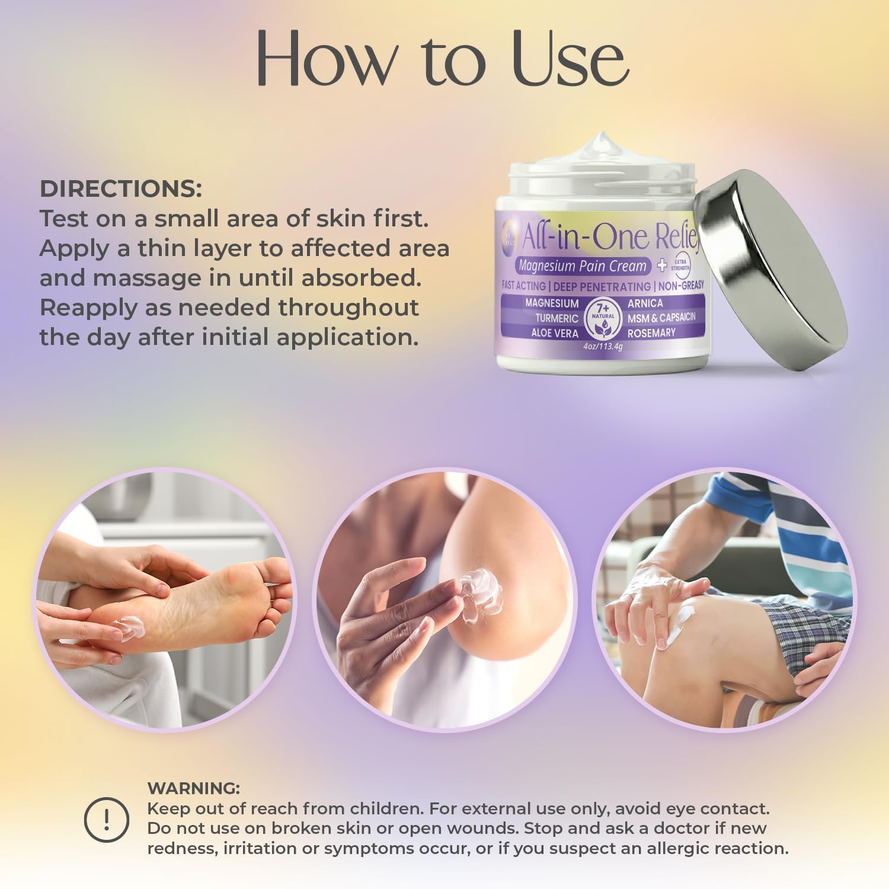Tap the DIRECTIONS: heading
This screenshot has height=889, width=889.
pyautogui.click(x=121, y=189)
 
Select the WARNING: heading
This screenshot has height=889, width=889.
pyautogui.click(x=193, y=788)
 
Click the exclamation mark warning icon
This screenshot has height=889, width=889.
pyautogui.click(x=107, y=820)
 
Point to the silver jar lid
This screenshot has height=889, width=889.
pyautogui.click(x=770, y=270)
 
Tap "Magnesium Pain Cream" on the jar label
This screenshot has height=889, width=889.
pyautogui.click(x=582, y=266)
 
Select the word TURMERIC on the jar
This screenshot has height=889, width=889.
pyautogui.click(x=556, y=318)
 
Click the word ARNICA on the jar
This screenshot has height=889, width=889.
pyautogui.click(x=645, y=303)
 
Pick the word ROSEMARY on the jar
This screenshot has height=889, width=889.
pyautogui.click(x=651, y=333)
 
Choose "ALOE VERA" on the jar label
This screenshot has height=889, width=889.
pyautogui.click(x=554, y=333)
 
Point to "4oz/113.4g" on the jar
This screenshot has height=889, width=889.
pyautogui.click(x=603, y=347)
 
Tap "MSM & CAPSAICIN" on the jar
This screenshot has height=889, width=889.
pyautogui.click(x=661, y=318)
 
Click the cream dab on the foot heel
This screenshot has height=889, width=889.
pyautogui.click(x=129, y=627)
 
